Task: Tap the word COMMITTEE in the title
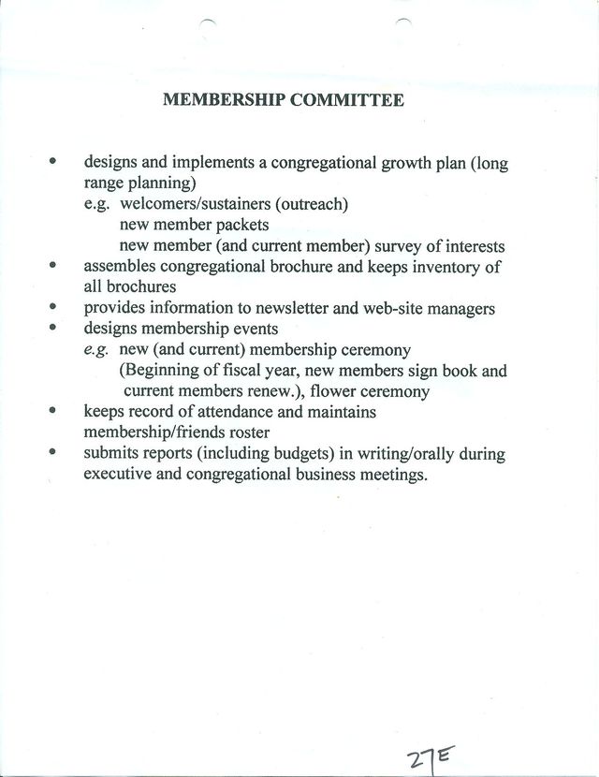point(345,99)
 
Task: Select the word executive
point(119,475)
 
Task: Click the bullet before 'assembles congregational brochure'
point(53,266)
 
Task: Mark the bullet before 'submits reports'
point(53,453)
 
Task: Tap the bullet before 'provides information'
point(53,307)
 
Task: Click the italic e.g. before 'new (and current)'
point(96,350)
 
